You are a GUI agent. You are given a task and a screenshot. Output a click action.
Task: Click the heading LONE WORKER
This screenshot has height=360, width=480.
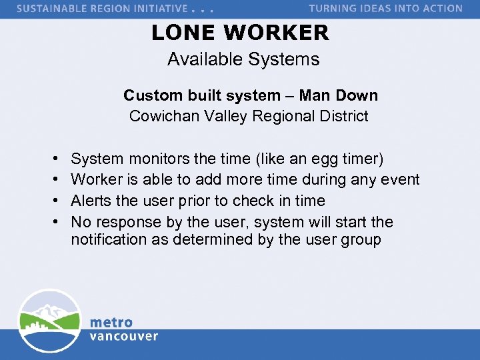[240, 32]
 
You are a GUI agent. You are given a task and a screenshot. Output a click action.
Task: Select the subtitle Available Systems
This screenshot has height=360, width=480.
[243, 59]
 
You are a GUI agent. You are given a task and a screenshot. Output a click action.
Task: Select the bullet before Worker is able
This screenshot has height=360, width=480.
[52, 180]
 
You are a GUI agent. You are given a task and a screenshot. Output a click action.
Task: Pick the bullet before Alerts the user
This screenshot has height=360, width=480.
[52, 201]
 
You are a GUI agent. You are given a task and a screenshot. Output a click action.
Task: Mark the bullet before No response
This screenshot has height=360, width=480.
[52, 222]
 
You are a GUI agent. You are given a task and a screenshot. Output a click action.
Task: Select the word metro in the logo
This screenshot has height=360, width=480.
[111, 323]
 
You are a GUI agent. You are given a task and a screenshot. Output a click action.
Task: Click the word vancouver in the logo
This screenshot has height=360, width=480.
[124, 336]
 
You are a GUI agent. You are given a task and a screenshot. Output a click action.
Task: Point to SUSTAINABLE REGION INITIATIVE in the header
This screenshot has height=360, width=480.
[102, 9]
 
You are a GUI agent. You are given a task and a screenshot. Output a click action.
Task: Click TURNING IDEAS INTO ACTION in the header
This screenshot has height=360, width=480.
[385, 9]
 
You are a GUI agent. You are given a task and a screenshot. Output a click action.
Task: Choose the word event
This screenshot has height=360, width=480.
[401, 179]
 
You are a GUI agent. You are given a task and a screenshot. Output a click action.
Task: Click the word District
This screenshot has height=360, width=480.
[343, 116]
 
